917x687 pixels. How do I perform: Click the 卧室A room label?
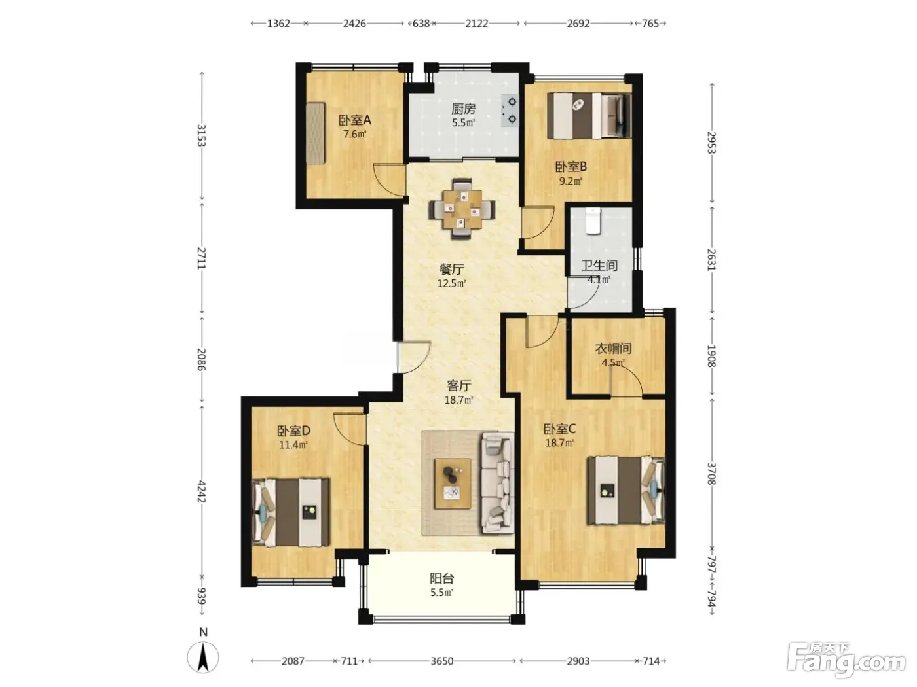coord(354,120)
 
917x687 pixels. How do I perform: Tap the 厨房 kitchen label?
coord(463,109)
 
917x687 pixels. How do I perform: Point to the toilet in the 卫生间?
coord(593,220)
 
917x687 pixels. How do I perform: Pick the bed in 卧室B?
coord(589,116)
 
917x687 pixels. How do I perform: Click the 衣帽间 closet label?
coord(613,348)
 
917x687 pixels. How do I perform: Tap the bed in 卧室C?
coord(626,490)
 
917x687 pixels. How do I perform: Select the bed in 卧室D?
coord(290,512)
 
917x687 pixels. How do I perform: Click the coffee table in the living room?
coord(453,484)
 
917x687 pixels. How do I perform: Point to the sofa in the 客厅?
coord(498,483)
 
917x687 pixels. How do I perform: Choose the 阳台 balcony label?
coord(441,578)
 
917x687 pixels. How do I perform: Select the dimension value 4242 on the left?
coord(202,491)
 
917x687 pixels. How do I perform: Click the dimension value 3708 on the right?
coord(711,474)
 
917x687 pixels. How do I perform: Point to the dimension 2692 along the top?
coord(578,24)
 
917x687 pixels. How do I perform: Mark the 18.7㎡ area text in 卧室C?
coord(559,442)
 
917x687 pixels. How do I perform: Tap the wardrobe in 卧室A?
coord(315,133)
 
